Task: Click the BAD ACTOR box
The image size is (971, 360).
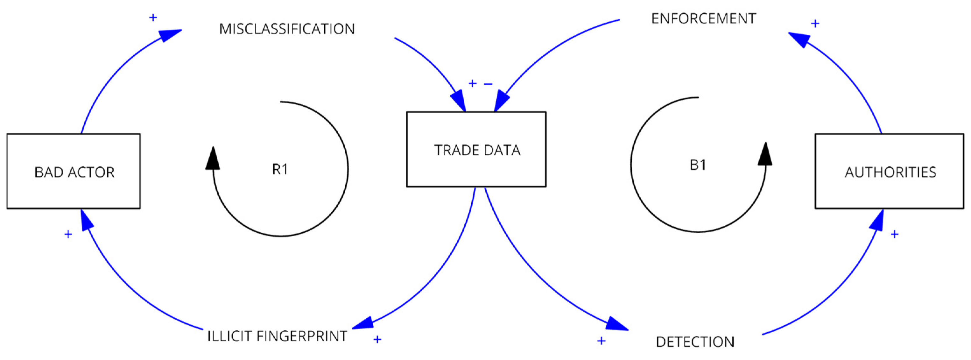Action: [74, 171]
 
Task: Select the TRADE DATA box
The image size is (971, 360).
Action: [476, 149]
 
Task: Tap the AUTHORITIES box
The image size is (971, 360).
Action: [889, 171]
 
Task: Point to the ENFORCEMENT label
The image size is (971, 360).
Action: [703, 18]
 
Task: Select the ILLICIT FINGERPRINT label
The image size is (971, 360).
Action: [277, 336]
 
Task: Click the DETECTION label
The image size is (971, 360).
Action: [695, 342]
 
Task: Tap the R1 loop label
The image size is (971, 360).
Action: [280, 170]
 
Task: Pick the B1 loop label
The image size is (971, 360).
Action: [698, 165]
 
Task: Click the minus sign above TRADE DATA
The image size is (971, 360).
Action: [488, 84]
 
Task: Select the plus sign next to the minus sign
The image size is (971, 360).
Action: [472, 83]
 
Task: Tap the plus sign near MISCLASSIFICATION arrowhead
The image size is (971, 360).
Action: [153, 17]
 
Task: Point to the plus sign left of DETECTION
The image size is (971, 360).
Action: [601, 341]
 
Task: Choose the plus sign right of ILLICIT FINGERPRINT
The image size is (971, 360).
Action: [377, 340]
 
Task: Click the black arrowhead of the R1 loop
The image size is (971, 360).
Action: [213, 159]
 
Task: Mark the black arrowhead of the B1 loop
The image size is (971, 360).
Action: [765, 155]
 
